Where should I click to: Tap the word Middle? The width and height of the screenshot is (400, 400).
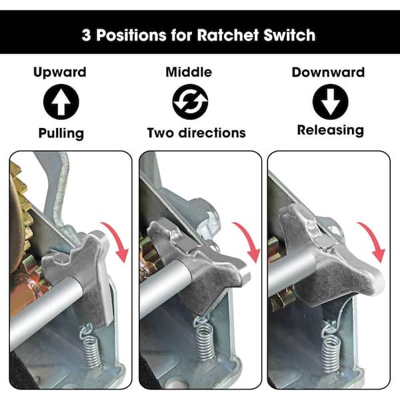(x=190, y=72)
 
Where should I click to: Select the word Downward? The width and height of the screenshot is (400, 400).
(x=328, y=72)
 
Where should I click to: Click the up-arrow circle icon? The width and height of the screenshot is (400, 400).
(x=61, y=103)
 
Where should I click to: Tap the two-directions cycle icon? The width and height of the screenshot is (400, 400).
(x=190, y=103)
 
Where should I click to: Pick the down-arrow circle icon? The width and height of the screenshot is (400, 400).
(x=330, y=103)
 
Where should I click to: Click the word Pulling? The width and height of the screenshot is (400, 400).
(x=61, y=133)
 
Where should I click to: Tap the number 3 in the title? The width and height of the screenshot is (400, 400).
(x=86, y=35)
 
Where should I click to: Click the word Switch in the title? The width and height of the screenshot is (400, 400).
(x=291, y=35)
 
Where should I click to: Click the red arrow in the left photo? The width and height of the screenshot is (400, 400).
(x=120, y=242)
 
